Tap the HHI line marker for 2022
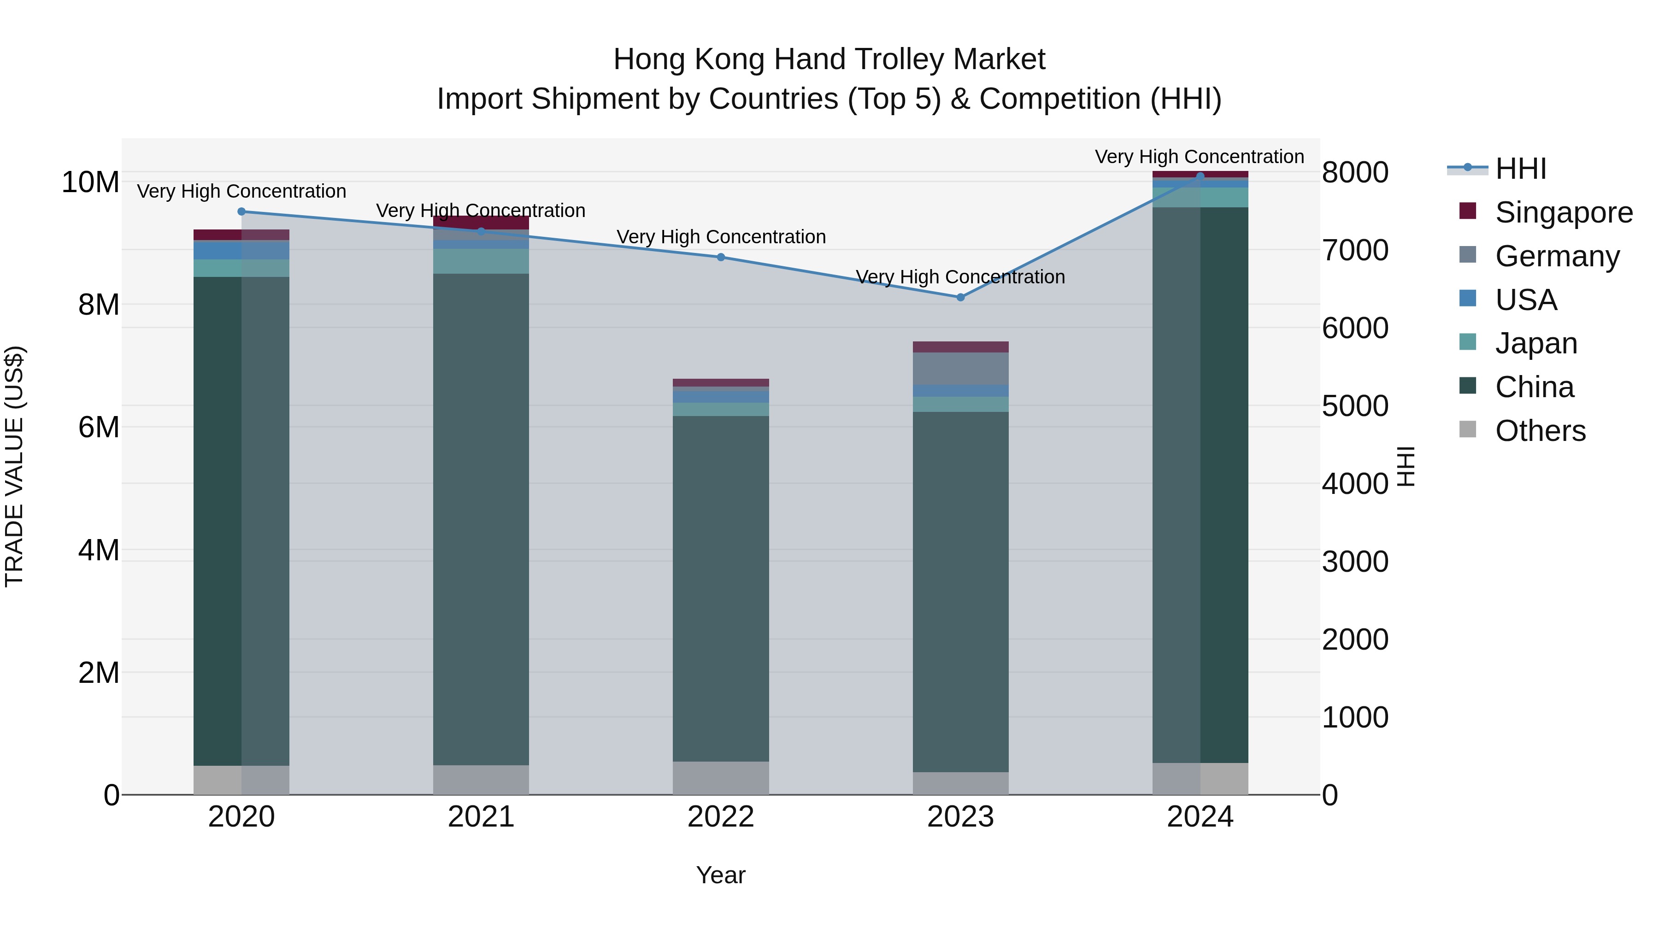[721, 258]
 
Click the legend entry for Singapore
[1563, 212]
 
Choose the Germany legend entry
[1557, 256]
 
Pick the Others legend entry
[1540, 431]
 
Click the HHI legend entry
[1520, 169]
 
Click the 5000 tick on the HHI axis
[1355, 406]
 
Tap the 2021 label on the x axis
[481, 817]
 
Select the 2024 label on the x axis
[1200, 817]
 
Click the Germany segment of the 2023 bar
[960, 368]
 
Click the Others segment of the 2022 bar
[721, 778]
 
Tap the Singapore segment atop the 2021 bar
[481, 222]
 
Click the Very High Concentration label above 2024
[1199, 157]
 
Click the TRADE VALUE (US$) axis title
[14, 466]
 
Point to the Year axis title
[721, 875]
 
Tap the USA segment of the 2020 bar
[241, 250]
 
